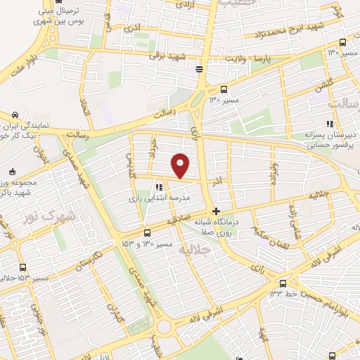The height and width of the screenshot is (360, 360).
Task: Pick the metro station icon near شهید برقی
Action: coord(200,68)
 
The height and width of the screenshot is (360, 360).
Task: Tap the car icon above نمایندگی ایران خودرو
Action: coord(13,115)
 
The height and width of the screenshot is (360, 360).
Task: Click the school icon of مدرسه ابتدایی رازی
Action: coord(159,187)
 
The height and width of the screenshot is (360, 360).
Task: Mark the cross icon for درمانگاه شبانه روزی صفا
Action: coord(216,211)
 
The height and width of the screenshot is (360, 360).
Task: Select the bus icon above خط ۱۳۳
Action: coord(283,282)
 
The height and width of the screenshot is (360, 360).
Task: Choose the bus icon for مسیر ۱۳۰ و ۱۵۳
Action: coord(147,233)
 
